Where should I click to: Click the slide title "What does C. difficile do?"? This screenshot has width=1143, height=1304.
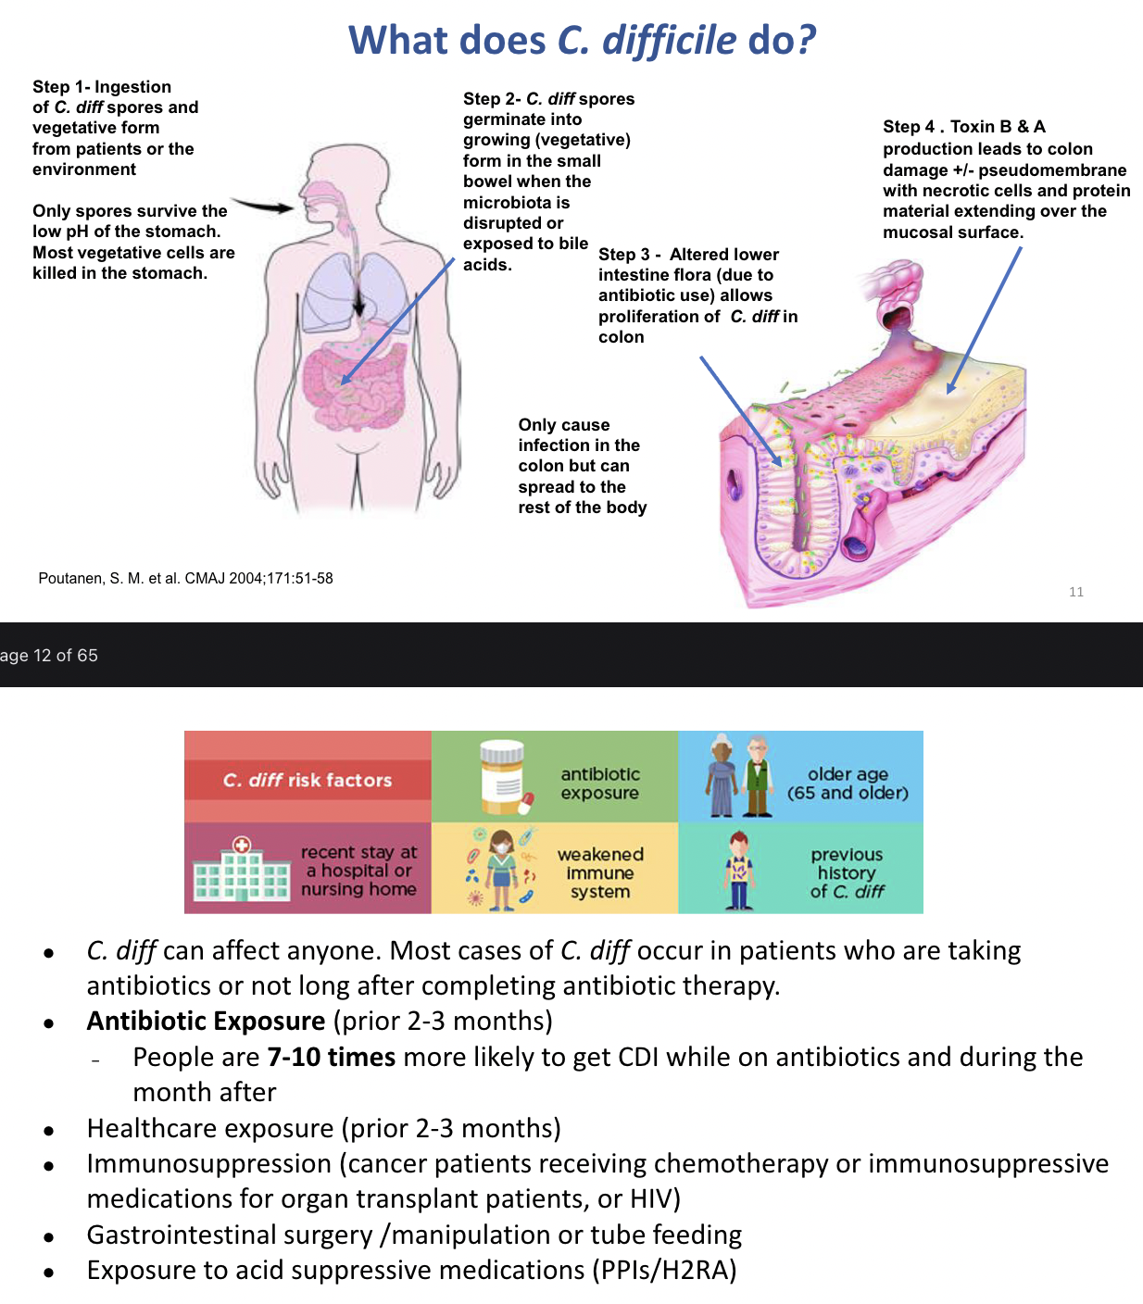click(x=582, y=41)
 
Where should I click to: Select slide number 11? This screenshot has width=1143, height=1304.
click(x=1075, y=592)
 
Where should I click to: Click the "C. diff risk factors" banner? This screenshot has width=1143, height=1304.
click(x=308, y=780)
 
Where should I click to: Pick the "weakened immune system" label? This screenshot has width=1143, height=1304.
click(x=599, y=872)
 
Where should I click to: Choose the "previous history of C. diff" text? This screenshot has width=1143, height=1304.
click(x=847, y=872)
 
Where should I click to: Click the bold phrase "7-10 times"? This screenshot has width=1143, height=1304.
click(x=331, y=1058)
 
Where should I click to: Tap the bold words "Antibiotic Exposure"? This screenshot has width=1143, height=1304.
click(x=206, y=1022)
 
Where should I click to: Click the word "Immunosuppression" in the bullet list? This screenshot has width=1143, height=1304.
click(x=208, y=1164)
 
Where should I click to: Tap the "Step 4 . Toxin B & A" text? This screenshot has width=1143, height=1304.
click(x=963, y=127)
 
